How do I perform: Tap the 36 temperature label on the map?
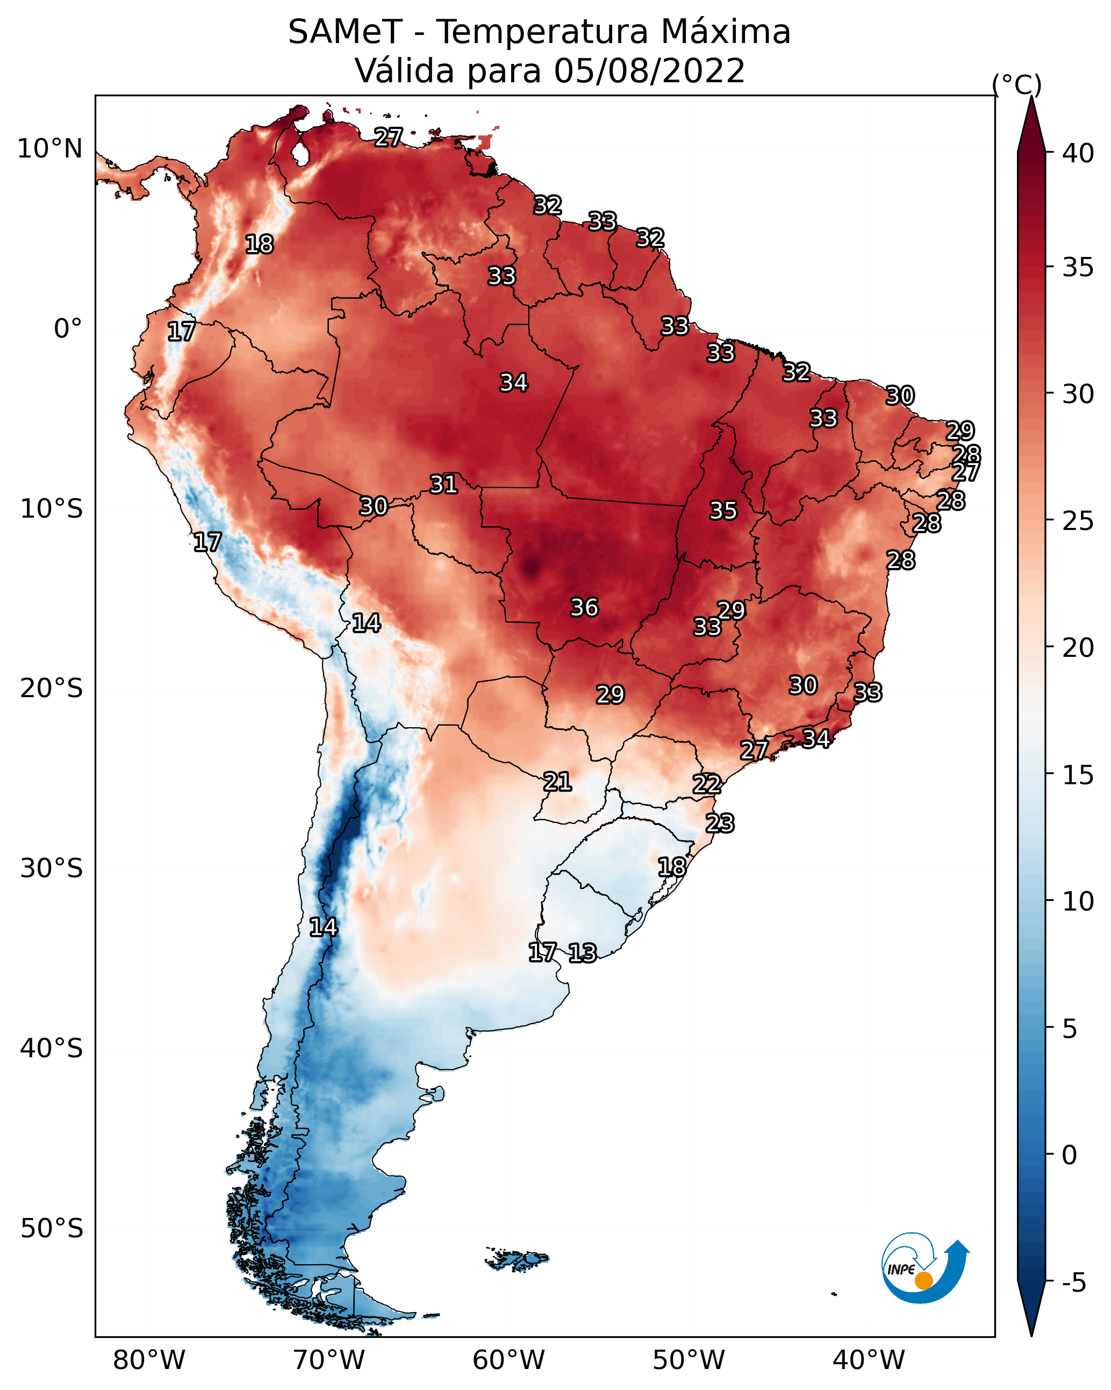(584, 607)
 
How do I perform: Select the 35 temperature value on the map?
(723, 511)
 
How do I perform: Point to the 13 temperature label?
(582, 953)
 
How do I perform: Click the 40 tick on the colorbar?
(1078, 153)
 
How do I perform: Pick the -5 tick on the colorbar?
(1073, 1282)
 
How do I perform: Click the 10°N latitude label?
(49, 149)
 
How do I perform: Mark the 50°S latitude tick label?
(52, 1228)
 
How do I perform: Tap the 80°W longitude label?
(149, 1360)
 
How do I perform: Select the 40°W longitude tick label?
(869, 1360)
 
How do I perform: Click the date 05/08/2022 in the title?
(649, 71)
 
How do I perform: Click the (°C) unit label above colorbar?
(1016, 84)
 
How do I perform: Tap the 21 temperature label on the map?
(557, 782)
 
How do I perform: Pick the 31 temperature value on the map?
(443, 484)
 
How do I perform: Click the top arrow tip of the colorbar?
(1031, 99)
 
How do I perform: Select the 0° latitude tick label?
(68, 329)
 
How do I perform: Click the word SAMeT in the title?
(345, 32)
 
